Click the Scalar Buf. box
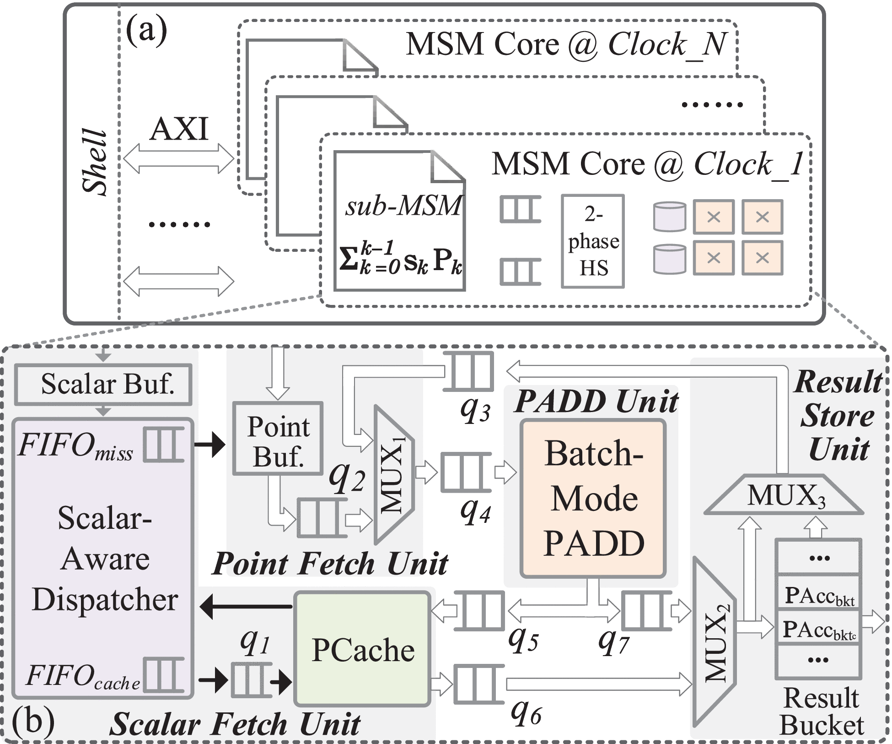point(103,384)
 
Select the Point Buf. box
point(278,438)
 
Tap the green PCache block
point(363,649)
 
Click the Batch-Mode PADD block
point(593,498)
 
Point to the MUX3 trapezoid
point(784,496)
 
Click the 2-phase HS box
point(593,241)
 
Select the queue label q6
point(527,713)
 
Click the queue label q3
point(475,410)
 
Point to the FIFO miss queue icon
point(164,445)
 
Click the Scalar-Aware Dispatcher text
point(105,559)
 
